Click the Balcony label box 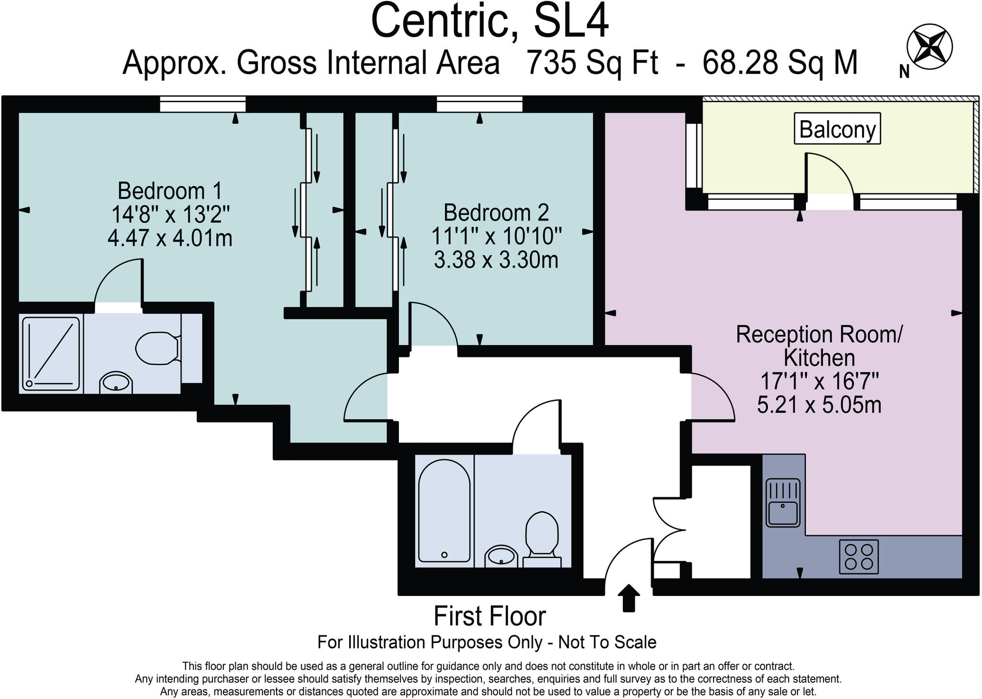point(837,128)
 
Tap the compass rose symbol point(929,47)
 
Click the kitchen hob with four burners point(859,557)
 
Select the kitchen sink point(783,502)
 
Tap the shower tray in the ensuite point(50,353)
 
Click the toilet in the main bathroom point(542,539)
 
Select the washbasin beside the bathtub point(502,557)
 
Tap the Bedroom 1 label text point(170,191)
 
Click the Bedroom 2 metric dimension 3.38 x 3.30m point(496,260)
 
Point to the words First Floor point(490,617)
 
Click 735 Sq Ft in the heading point(593,62)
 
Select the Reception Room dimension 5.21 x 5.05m point(819,405)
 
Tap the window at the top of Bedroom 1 point(202,104)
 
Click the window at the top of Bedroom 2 point(479,104)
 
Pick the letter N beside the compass point(904,72)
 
